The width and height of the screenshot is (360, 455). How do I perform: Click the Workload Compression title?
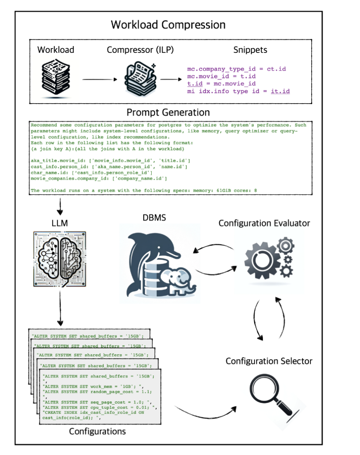point(168,24)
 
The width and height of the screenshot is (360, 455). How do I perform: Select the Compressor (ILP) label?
point(140,50)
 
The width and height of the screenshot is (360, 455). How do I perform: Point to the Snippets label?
point(250,50)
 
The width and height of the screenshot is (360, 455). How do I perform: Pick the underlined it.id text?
point(280,91)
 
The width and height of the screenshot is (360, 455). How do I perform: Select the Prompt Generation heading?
point(168,112)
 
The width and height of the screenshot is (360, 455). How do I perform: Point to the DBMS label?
point(155,218)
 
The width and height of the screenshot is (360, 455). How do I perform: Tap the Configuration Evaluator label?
point(264,223)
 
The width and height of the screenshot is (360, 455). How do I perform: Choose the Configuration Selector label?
point(269,361)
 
